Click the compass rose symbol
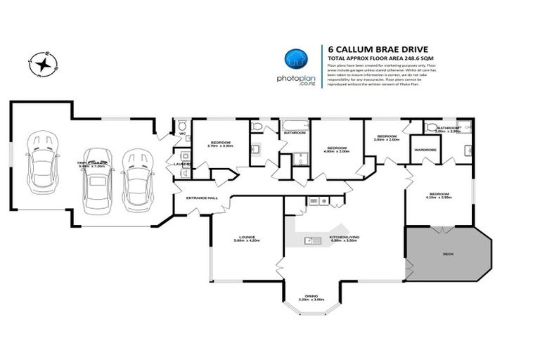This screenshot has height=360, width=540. tap(44, 64)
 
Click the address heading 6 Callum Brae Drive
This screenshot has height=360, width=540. tap(369, 49)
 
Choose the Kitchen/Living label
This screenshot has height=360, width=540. tap(343, 238)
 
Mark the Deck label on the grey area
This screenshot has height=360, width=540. tap(447, 254)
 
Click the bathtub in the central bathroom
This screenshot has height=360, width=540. tap(294, 127)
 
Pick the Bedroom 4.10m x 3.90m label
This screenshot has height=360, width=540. tap(439, 195)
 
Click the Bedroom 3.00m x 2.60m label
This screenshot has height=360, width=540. tap(386, 137)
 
